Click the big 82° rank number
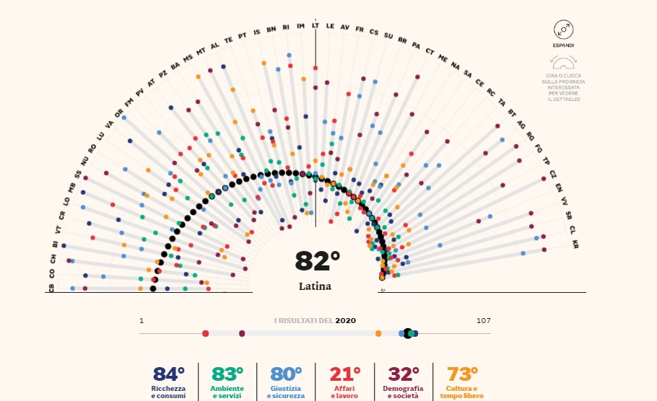[317, 261]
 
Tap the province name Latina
[315, 286]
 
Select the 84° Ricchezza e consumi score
[169, 374]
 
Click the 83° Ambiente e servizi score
[227, 374]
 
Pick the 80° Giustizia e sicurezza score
[287, 374]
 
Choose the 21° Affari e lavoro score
[345, 374]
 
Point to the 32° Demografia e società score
[404, 374]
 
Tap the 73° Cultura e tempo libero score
[463, 374]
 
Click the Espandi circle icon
[563, 30]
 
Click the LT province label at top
[316, 25]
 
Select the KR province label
[575, 245]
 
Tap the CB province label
[52, 288]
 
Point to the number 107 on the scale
[483, 320]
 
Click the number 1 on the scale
[142, 320]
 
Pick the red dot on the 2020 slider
[206, 333]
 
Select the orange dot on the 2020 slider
[378, 333]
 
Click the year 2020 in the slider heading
[345, 320]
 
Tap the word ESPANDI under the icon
[563, 45]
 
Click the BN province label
[271, 29]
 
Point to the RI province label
[286, 27]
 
